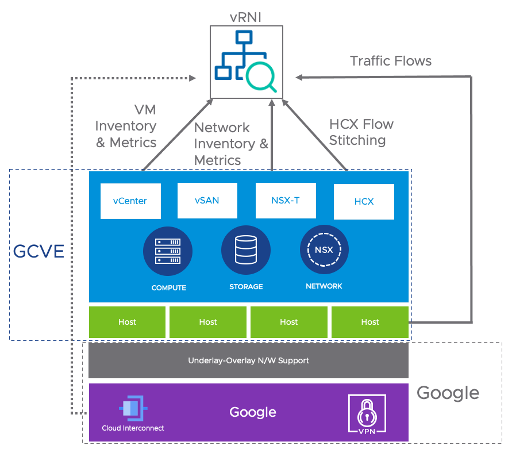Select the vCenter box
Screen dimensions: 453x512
(130, 201)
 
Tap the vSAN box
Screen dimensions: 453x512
(207, 201)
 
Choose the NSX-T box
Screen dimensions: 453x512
(285, 201)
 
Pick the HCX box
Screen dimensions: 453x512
(364, 202)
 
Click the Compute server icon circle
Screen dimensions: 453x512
(168, 251)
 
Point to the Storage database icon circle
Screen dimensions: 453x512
(246, 250)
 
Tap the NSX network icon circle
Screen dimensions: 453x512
(324, 249)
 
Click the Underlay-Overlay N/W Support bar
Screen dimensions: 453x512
(248, 360)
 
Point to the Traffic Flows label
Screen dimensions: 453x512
(391, 61)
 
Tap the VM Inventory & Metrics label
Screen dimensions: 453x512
(126, 126)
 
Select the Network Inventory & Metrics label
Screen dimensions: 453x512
(231, 144)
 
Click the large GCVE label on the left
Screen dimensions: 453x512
(39, 252)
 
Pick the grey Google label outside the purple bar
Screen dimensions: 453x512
(448, 393)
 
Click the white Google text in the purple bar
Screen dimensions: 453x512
(253, 412)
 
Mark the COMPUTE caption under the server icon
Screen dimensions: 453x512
(168, 287)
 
